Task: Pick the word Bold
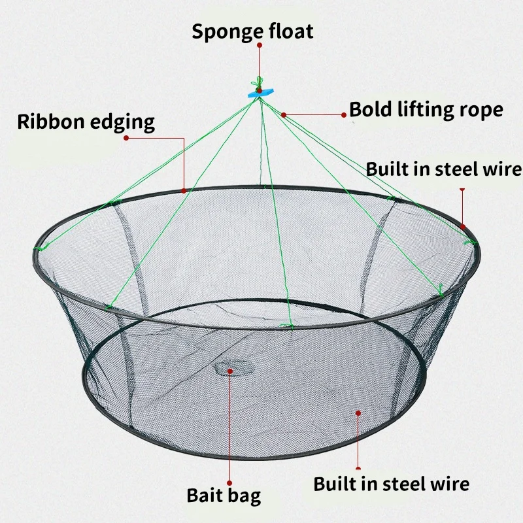pos(370,109)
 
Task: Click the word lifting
pos(426,109)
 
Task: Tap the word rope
pos(483,110)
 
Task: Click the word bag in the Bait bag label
pos(245,495)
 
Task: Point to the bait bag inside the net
pos(229,370)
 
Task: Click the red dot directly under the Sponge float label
pos(260,45)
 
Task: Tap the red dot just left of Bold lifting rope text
pos(344,114)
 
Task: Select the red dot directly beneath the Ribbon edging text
pos(126,138)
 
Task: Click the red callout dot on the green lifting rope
pos(283,114)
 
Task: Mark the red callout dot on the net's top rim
pos(185,190)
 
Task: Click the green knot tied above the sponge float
pos(259,84)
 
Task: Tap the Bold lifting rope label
pos(426,109)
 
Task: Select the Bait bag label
pos(224,494)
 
